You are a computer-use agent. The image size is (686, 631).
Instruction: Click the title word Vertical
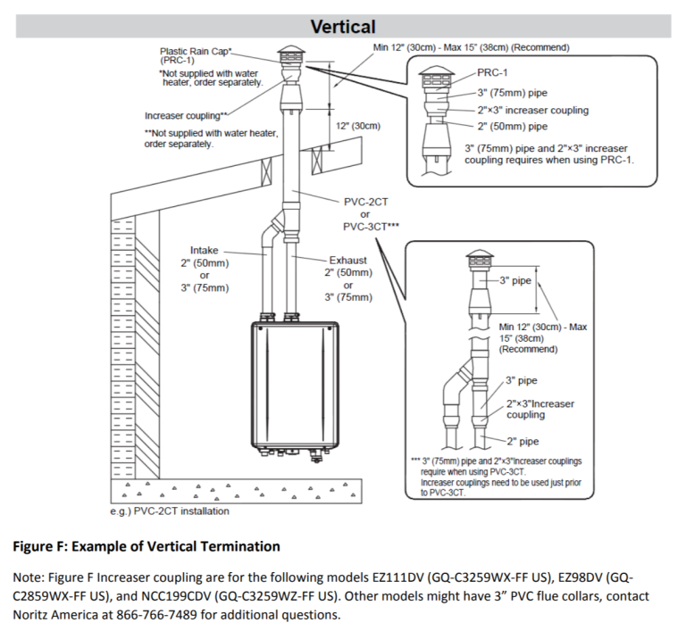(343, 27)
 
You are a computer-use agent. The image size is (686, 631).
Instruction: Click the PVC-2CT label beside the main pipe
(366, 203)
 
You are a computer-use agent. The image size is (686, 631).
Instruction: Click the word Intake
(205, 250)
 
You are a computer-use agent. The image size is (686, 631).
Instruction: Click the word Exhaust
(347, 260)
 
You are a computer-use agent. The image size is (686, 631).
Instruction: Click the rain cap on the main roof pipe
(290, 55)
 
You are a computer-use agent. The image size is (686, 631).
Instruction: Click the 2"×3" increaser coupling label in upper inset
(533, 111)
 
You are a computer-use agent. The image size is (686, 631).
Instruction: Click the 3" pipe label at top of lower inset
(515, 280)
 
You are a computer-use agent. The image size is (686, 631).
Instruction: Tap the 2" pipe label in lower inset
(523, 441)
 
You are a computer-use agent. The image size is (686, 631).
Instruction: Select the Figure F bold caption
(146, 546)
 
